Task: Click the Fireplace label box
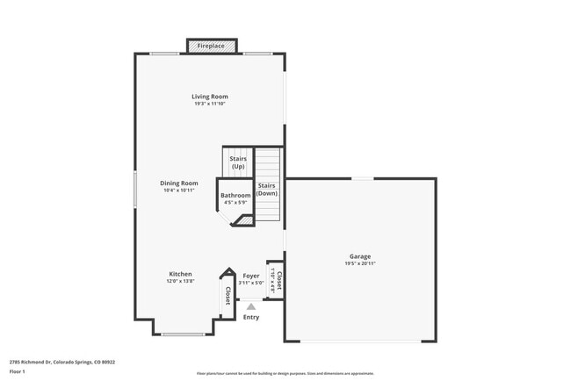pyautogui.click(x=210, y=46)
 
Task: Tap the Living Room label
pyautogui.click(x=210, y=97)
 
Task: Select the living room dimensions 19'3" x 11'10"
pyautogui.click(x=210, y=104)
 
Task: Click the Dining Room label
pyautogui.click(x=178, y=183)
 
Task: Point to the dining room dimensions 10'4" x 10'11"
pyautogui.click(x=178, y=190)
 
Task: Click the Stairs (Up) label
pyautogui.click(x=237, y=162)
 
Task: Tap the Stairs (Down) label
pyautogui.click(x=267, y=189)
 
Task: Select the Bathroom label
pyautogui.click(x=235, y=196)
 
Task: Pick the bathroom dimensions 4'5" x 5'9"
pyautogui.click(x=235, y=203)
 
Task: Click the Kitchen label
pyautogui.click(x=180, y=274)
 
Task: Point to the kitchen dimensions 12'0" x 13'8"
pyautogui.click(x=180, y=282)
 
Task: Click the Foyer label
pyautogui.click(x=250, y=275)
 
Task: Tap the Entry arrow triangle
pyautogui.click(x=251, y=306)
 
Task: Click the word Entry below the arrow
pyautogui.click(x=251, y=317)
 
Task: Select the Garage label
pyautogui.click(x=360, y=256)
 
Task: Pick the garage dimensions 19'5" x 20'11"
pyautogui.click(x=360, y=263)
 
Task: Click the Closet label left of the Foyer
pyautogui.click(x=228, y=296)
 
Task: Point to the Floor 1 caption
pyautogui.click(x=18, y=371)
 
